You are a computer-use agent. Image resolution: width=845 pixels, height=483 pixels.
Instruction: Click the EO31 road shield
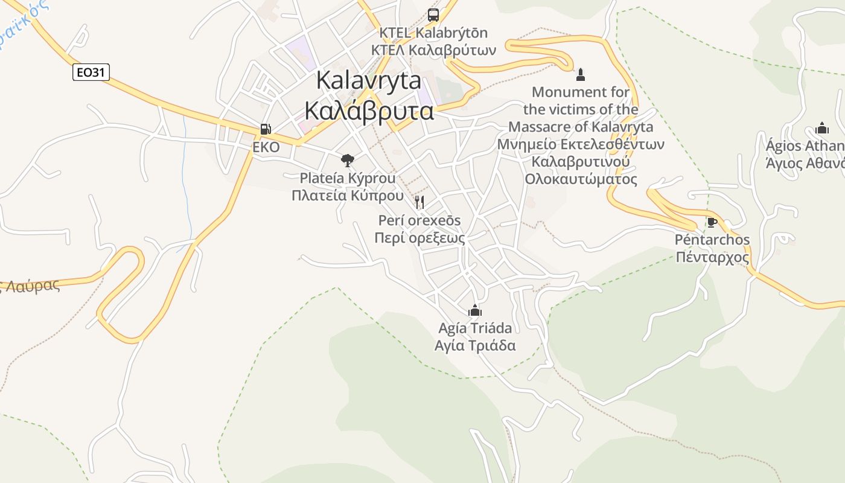[91, 72]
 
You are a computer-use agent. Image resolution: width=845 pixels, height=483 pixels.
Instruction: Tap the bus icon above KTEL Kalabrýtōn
[433, 14]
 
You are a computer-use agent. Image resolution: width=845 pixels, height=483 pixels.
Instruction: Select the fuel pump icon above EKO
[265, 129]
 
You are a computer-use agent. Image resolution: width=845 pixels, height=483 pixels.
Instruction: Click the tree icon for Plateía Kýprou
[347, 160]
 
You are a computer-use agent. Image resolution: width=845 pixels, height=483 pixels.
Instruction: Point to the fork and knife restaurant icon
[419, 202]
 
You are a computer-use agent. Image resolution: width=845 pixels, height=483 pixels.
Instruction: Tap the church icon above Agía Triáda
[475, 310]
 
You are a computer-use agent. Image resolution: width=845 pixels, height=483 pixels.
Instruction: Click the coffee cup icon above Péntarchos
[712, 222]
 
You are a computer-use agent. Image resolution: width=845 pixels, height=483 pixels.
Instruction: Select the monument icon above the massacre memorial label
[581, 75]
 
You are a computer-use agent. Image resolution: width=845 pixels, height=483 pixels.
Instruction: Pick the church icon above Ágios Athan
[821, 128]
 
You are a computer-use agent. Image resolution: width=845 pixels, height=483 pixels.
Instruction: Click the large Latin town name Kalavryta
[368, 80]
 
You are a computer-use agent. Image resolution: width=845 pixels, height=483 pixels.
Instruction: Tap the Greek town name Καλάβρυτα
[369, 111]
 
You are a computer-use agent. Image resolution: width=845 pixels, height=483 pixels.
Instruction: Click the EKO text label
[266, 147]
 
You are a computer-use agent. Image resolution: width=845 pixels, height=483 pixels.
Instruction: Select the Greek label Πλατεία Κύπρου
[348, 196]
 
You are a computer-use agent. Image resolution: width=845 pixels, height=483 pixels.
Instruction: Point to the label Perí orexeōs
[419, 220]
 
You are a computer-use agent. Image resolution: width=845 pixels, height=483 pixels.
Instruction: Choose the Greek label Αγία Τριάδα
[475, 345]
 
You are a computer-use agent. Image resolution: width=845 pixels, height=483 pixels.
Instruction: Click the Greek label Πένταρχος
[712, 258]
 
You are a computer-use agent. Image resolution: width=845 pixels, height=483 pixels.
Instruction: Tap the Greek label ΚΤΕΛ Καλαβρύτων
[433, 50]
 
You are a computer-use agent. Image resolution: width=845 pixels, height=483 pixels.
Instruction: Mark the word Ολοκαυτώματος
[581, 179]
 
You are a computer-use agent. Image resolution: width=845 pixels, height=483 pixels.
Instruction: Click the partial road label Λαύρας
[34, 284]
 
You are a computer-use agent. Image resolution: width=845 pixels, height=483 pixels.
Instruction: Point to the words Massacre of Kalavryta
[581, 127]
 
